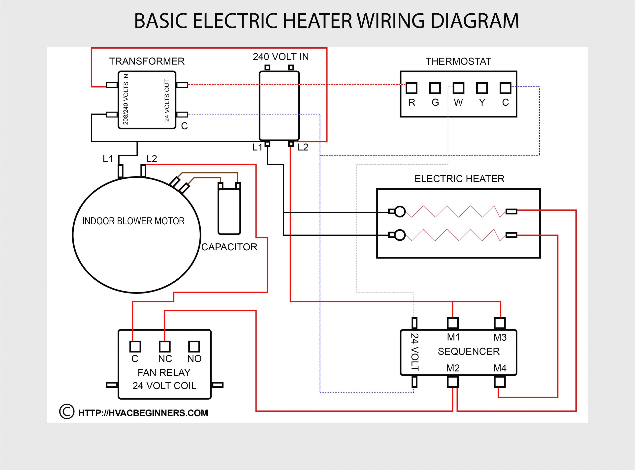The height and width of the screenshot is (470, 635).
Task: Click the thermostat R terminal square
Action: (411, 88)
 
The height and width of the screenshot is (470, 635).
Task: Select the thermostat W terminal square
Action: (458, 88)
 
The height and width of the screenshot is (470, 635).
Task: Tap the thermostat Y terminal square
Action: (482, 88)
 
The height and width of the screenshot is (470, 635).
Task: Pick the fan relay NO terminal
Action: (194, 347)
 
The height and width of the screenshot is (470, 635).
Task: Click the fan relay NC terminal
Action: (164, 347)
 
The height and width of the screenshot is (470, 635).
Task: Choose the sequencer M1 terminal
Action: (452, 323)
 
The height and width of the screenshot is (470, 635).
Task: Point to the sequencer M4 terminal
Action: (500, 382)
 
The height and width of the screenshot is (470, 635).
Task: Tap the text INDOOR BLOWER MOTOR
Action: (133, 221)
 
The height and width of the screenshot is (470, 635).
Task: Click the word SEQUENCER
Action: (469, 351)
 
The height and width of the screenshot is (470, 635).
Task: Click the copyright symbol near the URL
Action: (67, 412)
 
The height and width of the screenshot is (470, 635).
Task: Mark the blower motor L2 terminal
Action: (143, 171)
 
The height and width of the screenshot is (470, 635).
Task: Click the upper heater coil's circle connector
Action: (400, 211)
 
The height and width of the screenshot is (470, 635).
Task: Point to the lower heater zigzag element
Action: (455, 235)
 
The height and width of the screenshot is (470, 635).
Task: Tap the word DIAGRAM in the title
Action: (475, 21)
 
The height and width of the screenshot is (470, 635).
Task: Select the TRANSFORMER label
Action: (147, 61)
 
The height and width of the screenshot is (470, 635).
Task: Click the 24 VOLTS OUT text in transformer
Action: (167, 100)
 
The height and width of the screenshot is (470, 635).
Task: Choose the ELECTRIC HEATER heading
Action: (459, 179)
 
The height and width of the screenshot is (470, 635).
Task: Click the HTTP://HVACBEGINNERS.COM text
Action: (143, 413)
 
